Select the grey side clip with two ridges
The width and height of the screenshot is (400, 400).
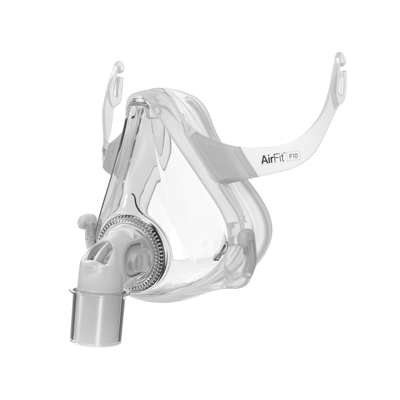pos(135,259)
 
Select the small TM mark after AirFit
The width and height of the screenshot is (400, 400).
pos(284,154)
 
